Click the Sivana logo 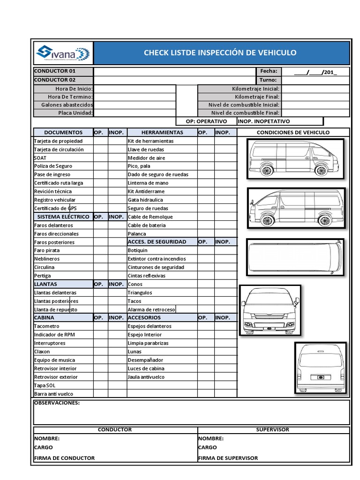click(62, 53)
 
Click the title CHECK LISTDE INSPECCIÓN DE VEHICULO click(220, 52)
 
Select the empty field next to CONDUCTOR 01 click(174, 71)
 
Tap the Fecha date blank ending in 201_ click(315, 72)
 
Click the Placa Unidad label click(75, 113)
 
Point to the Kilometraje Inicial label click(255, 89)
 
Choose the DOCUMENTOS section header click(63, 132)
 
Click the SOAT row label click(40, 158)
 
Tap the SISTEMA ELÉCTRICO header click(63, 217)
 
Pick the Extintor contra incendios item click(157, 259)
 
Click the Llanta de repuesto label click(55, 310)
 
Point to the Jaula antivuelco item click(146, 377)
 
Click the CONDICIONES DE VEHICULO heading click(293, 132)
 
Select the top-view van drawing click(295, 257)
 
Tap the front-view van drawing click(270, 310)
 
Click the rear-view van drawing click(321, 367)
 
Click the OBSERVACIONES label click(57, 403)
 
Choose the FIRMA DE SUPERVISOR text click(228, 458)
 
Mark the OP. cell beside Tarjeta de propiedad click(100, 141)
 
